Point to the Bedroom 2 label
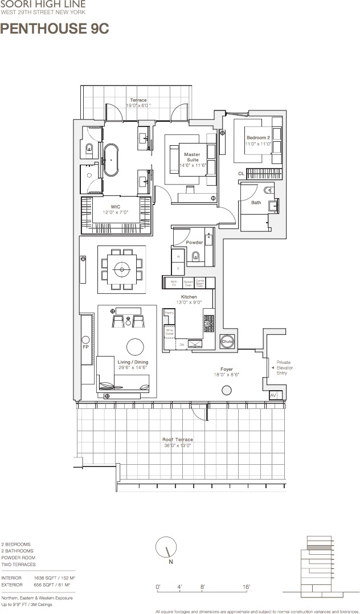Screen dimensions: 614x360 click(x=258, y=141)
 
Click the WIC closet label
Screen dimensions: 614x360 click(x=116, y=209)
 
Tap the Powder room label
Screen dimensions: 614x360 click(x=194, y=243)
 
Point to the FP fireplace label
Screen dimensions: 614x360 click(x=86, y=346)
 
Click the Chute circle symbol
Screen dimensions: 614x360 click(x=227, y=341)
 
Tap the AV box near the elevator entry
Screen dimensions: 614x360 click(x=273, y=395)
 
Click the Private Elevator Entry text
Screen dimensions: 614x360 click(x=285, y=368)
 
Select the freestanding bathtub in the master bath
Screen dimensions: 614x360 click(x=112, y=160)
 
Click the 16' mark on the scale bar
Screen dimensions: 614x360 click(x=246, y=587)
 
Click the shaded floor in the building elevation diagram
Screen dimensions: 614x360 click(x=319, y=547)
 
